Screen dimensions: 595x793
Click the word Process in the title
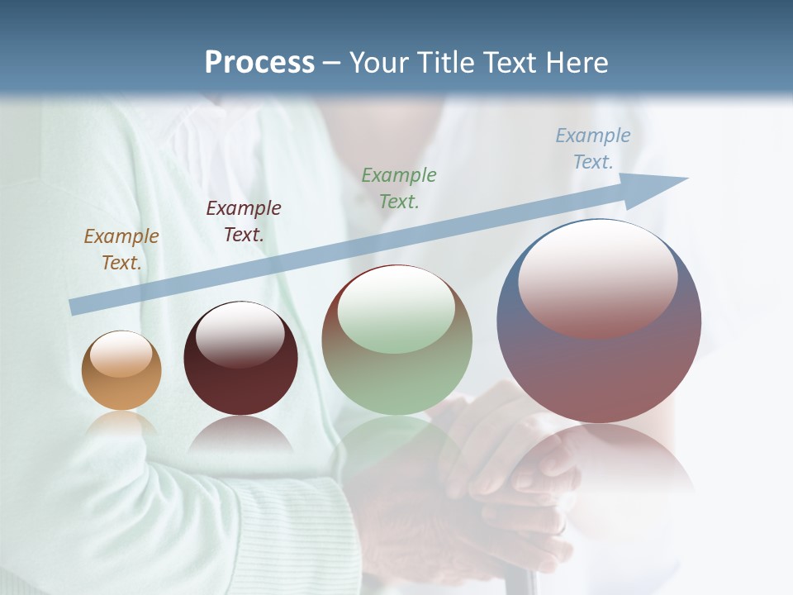(259, 63)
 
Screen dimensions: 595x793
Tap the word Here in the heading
(572, 63)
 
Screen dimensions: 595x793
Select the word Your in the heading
(379, 63)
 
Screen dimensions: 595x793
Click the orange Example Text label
(121, 250)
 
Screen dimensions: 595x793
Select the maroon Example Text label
(244, 221)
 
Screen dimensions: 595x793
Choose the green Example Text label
(399, 188)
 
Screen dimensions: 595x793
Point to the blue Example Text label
(593, 149)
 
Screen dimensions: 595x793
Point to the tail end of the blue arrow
(76, 307)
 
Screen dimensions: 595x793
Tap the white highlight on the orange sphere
(121, 354)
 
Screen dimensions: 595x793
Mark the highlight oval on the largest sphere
(598, 277)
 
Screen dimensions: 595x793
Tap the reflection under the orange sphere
(121, 423)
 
